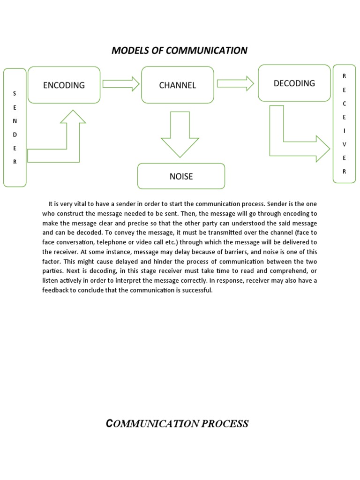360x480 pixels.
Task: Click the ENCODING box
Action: [x=64, y=85]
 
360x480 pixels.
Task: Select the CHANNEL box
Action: [x=177, y=85]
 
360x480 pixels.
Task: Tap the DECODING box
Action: [x=294, y=83]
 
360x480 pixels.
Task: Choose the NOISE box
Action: [x=181, y=176]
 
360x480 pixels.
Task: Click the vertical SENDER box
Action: [x=15, y=127]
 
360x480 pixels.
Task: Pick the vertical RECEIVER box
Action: [x=344, y=123]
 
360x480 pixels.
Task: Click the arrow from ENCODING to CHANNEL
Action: [x=121, y=84]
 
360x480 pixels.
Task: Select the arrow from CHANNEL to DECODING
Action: [x=235, y=83]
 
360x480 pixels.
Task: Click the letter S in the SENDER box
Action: [x=15, y=94]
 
